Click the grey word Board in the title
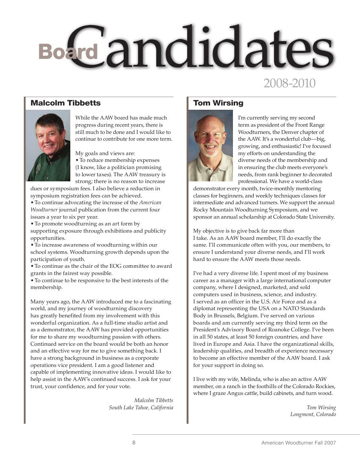68,52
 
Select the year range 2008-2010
289,83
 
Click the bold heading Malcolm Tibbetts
66,103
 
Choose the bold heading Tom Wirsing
218,103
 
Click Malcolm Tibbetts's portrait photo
48,145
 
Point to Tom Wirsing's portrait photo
210,145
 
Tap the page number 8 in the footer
134,443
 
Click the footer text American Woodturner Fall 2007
299,443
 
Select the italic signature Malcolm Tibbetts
154,400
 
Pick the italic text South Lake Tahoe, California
141,408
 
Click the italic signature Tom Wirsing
321,408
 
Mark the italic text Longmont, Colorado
313,414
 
